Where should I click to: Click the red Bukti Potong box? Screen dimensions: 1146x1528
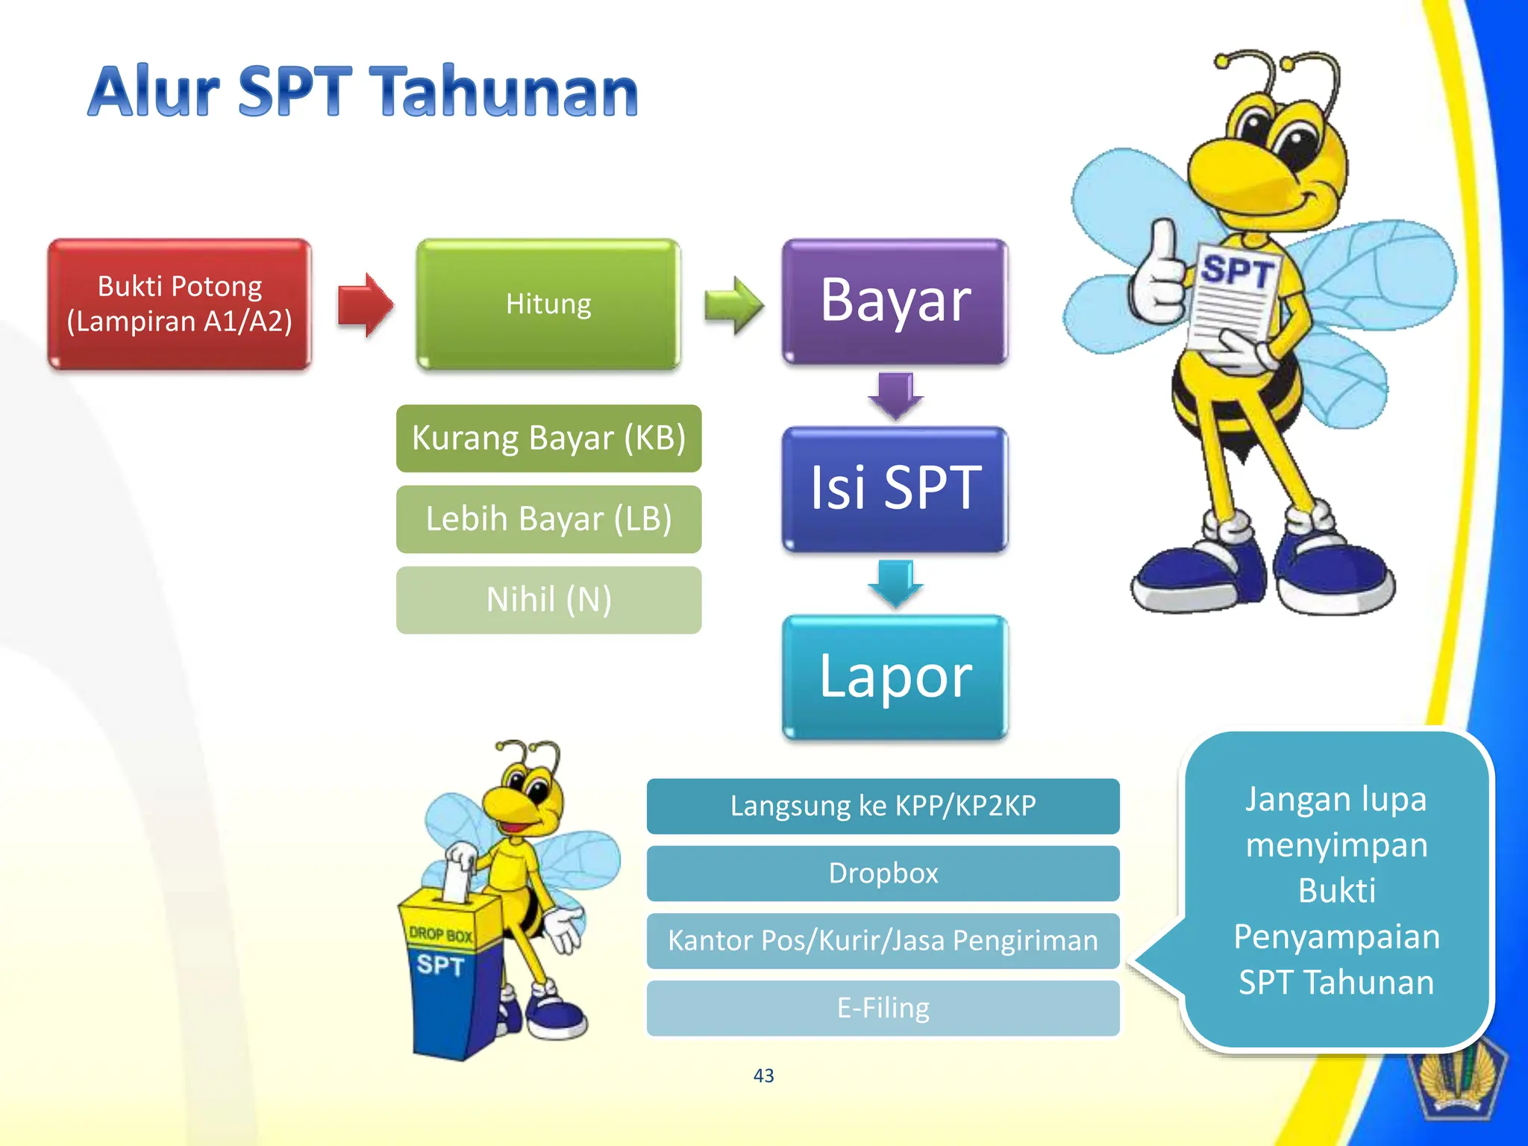[x=179, y=304]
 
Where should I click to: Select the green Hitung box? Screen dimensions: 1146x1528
[x=548, y=304]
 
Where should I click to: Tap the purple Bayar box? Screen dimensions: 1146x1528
[x=895, y=301]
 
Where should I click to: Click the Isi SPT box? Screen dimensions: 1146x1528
[x=895, y=489]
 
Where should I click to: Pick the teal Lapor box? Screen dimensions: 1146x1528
[x=895, y=677]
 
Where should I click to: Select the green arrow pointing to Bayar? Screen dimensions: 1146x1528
[x=733, y=304]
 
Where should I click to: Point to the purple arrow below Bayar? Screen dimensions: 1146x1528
[x=895, y=395]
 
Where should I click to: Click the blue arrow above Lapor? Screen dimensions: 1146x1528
[x=895, y=583]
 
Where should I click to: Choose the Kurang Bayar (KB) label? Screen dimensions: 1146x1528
[x=548, y=438]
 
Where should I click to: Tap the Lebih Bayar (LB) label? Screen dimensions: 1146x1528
[x=548, y=519]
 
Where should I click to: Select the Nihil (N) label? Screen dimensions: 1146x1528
[x=548, y=600]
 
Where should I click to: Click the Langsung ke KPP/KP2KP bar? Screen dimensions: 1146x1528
[x=883, y=806]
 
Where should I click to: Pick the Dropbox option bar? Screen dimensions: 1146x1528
[x=883, y=873]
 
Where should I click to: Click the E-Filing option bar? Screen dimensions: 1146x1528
[x=883, y=1008]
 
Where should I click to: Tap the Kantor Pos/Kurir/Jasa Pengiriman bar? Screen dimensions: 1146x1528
[x=883, y=941]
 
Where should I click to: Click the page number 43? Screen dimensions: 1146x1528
[x=763, y=1075]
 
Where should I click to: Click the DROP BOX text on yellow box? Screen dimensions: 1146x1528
[x=440, y=934]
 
